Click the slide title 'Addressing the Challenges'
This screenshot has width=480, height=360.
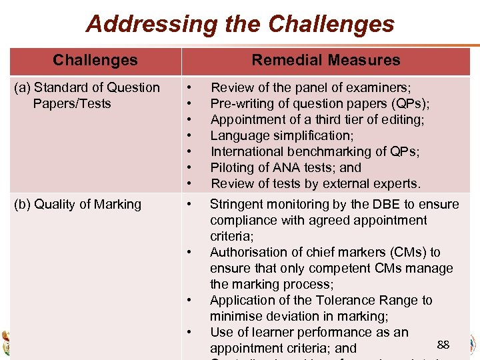pos(240,24)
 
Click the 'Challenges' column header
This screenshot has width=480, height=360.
pos(95,60)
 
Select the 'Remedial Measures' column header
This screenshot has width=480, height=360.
pos(325,60)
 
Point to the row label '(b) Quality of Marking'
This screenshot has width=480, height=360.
pos(78,204)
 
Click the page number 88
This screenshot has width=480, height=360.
pos(443,345)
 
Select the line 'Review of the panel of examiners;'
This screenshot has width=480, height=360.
pos(311,87)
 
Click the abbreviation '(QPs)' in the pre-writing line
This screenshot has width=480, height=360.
pos(410,103)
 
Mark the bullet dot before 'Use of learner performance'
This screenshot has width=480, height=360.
pos(190,332)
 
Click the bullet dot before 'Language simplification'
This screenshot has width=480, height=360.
pos(190,135)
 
